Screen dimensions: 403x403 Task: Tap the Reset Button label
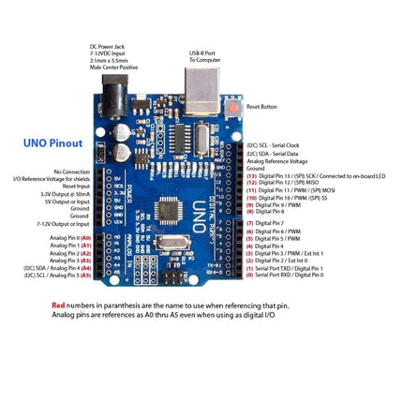261,107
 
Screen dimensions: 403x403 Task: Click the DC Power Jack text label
113,55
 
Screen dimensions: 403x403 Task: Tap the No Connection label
72,172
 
